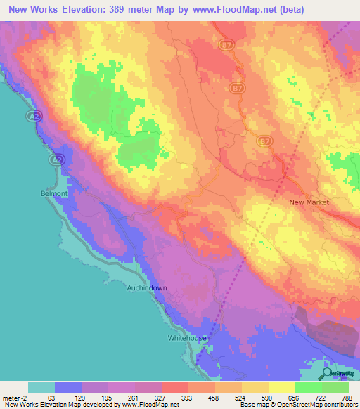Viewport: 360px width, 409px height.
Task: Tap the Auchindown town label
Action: pyautogui.click(x=146, y=288)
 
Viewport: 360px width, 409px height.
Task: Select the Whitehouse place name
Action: pyautogui.click(x=188, y=338)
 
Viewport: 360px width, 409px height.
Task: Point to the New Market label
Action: pyautogui.click(x=309, y=202)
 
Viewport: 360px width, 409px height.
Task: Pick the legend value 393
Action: pyautogui.click(x=188, y=398)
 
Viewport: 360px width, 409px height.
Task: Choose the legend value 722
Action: pyautogui.click(x=321, y=398)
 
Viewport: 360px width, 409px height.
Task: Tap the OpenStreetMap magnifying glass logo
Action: pyautogui.click(x=328, y=374)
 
